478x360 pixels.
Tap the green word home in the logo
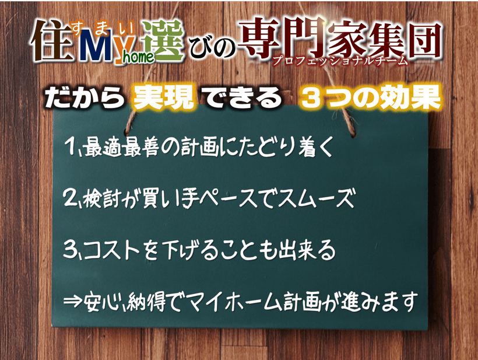pyautogui.click(x=138, y=57)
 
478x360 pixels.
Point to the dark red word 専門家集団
pyautogui.click(x=340, y=38)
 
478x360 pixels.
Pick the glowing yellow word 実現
pyautogui.click(x=163, y=97)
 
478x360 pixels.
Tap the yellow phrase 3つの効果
pyautogui.click(x=370, y=97)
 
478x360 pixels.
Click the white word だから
pyautogui.click(x=85, y=97)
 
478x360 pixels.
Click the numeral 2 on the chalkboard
pyautogui.click(x=70, y=197)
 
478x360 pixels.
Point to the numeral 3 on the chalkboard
pyautogui.click(x=70, y=250)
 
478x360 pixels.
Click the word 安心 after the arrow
pyautogui.click(x=101, y=302)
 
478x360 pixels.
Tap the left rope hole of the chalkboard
pyautogui.click(x=127, y=132)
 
